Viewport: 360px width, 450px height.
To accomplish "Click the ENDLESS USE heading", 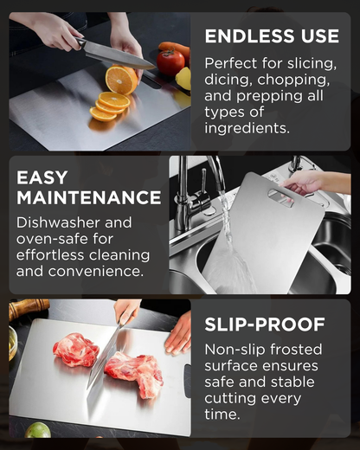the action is point(272,36).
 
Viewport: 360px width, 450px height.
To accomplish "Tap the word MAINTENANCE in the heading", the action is point(89,197).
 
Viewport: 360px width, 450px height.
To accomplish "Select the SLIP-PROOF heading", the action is point(265,325).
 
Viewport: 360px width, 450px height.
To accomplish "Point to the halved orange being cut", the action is point(121,80).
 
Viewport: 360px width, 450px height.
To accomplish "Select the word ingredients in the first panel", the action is point(247,128).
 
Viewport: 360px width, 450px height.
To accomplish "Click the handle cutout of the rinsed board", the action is point(280,197).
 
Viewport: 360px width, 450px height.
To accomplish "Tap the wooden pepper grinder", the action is point(29,308).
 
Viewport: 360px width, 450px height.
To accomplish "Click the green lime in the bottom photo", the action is point(37,430).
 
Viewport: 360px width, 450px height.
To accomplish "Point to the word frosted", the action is point(296,350).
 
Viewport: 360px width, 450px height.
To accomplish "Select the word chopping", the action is point(293,80).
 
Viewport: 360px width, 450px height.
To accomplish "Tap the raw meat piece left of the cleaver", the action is point(75,350).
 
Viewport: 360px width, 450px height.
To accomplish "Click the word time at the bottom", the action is point(222,415).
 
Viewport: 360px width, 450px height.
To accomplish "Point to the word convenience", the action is point(95,272).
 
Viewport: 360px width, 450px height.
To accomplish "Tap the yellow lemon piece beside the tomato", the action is point(183,79).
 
